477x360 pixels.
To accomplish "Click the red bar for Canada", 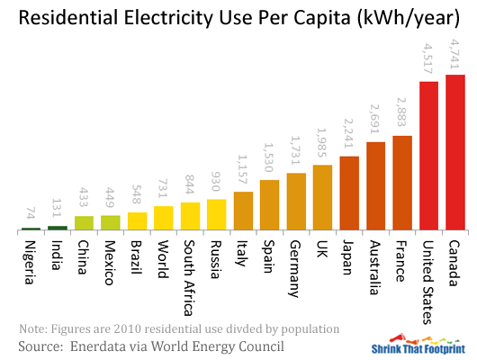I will click(455, 152).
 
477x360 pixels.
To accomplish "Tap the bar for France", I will click(402, 183).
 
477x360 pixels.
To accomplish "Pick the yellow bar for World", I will click(163, 219).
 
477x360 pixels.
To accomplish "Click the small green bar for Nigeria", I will click(31, 229).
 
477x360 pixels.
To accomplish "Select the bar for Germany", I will click(296, 202).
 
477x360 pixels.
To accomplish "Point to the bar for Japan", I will click(349, 193).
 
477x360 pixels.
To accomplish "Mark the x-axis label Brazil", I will click(137, 255).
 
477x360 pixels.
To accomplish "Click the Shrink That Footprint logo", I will click(418, 346).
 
